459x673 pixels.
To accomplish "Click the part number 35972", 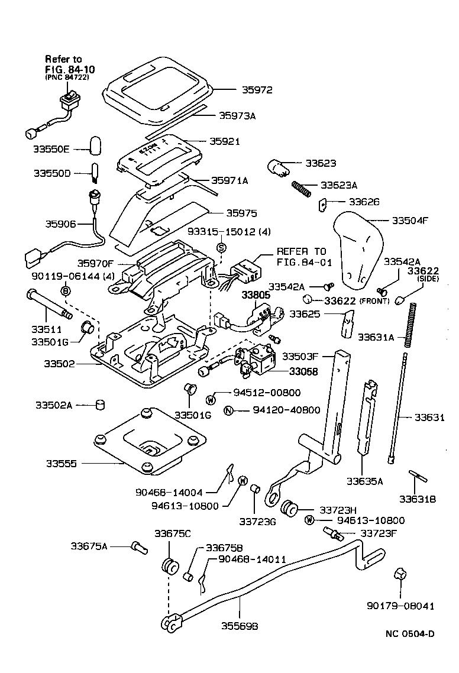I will [x=257, y=90].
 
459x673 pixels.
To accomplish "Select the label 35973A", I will [x=237, y=116].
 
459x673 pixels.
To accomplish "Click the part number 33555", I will [x=61, y=464].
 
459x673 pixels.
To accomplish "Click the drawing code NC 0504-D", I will [x=410, y=634].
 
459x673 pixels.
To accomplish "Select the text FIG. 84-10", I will [x=70, y=69].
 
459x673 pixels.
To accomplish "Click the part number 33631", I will [x=429, y=418].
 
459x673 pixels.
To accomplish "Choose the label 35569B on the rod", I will [x=239, y=625].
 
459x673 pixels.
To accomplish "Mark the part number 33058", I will [x=303, y=372].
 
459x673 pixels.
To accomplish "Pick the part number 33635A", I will [x=364, y=481].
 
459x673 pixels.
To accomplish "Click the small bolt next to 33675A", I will [x=138, y=546].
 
